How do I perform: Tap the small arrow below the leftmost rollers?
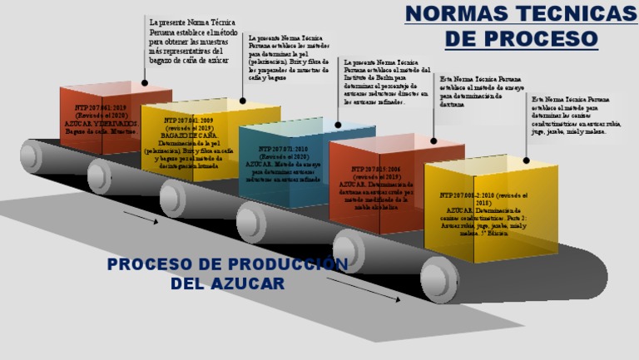pyautogui.click(x=140, y=219)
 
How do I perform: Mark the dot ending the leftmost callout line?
pyautogui.click(x=145, y=82)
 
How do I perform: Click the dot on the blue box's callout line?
pyautogui.click(x=338, y=125)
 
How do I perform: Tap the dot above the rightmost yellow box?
pyautogui.click(x=527, y=160)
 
